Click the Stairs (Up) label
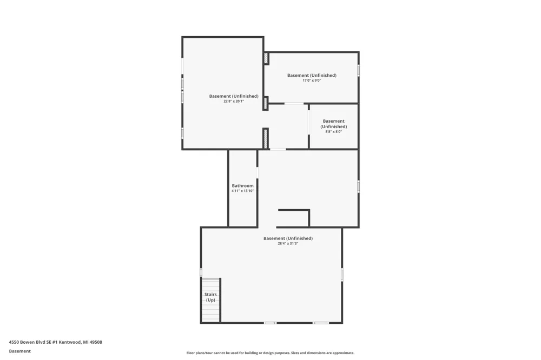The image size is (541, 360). pyautogui.click(x=210, y=297)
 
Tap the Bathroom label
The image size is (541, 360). pyautogui.click(x=242, y=185)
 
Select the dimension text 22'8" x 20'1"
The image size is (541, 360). pyautogui.click(x=234, y=102)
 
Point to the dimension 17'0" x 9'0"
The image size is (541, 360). pyautogui.click(x=312, y=81)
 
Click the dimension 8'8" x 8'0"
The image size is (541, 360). pyautogui.click(x=334, y=132)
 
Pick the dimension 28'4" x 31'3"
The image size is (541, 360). pyautogui.click(x=288, y=243)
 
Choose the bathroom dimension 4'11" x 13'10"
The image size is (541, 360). pyautogui.click(x=242, y=191)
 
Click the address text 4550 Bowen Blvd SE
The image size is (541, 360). pyautogui.click(x=34, y=342)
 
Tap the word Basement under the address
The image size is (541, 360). pyautogui.click(x=19, y=351)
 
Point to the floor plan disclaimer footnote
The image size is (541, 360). pyautogui.click(x=270, y=353)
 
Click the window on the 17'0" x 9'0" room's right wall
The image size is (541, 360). pyautogui.click(x=359, y=70)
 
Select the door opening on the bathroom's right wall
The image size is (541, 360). pyautogui.click(x=258, y=172)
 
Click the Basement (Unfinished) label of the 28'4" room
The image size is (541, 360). pyautogui.click(x=288, y=238)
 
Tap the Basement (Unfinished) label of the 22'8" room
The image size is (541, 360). pyautogui.click(x=234, y=96)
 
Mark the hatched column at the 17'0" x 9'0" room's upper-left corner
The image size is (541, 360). pyautogui.click(x=266, y=58)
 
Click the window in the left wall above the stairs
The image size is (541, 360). pyautogui.click(x=201, y=272)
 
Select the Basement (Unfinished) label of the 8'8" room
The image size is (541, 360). pyautogui.click(x=334, y=124)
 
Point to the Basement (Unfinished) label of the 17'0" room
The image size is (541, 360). pyautogui.click(x=312, y=75)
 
